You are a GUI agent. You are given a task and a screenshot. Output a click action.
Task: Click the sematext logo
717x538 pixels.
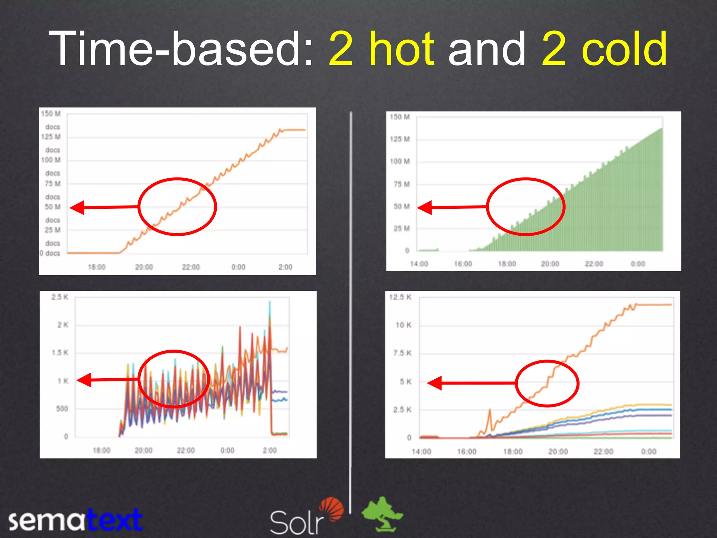click(75, 520)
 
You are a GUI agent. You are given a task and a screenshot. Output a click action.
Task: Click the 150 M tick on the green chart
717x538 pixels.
click(399, 117)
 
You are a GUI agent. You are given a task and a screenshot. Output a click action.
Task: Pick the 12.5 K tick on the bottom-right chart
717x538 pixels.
click(400, 297)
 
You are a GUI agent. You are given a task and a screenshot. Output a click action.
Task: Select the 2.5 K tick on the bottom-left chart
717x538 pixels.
click(60, 297)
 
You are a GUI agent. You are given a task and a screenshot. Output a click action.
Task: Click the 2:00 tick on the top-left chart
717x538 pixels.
click(285, 267)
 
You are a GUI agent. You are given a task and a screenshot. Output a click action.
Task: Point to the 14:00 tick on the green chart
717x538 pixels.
click(419, 264)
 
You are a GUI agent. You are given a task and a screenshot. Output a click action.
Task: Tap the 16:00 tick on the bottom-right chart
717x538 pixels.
click(467, 452)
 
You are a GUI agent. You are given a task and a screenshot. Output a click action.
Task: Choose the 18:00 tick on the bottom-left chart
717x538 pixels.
click(101, 450)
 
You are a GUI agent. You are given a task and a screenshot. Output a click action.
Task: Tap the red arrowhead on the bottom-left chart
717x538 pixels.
click(84, 380)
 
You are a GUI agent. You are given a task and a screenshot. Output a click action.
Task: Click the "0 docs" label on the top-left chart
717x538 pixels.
click(50, 253)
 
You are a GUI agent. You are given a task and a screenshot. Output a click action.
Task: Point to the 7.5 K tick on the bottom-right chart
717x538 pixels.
click(402, 353)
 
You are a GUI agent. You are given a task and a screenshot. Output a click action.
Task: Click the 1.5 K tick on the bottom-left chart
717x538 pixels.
click(60, 353)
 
